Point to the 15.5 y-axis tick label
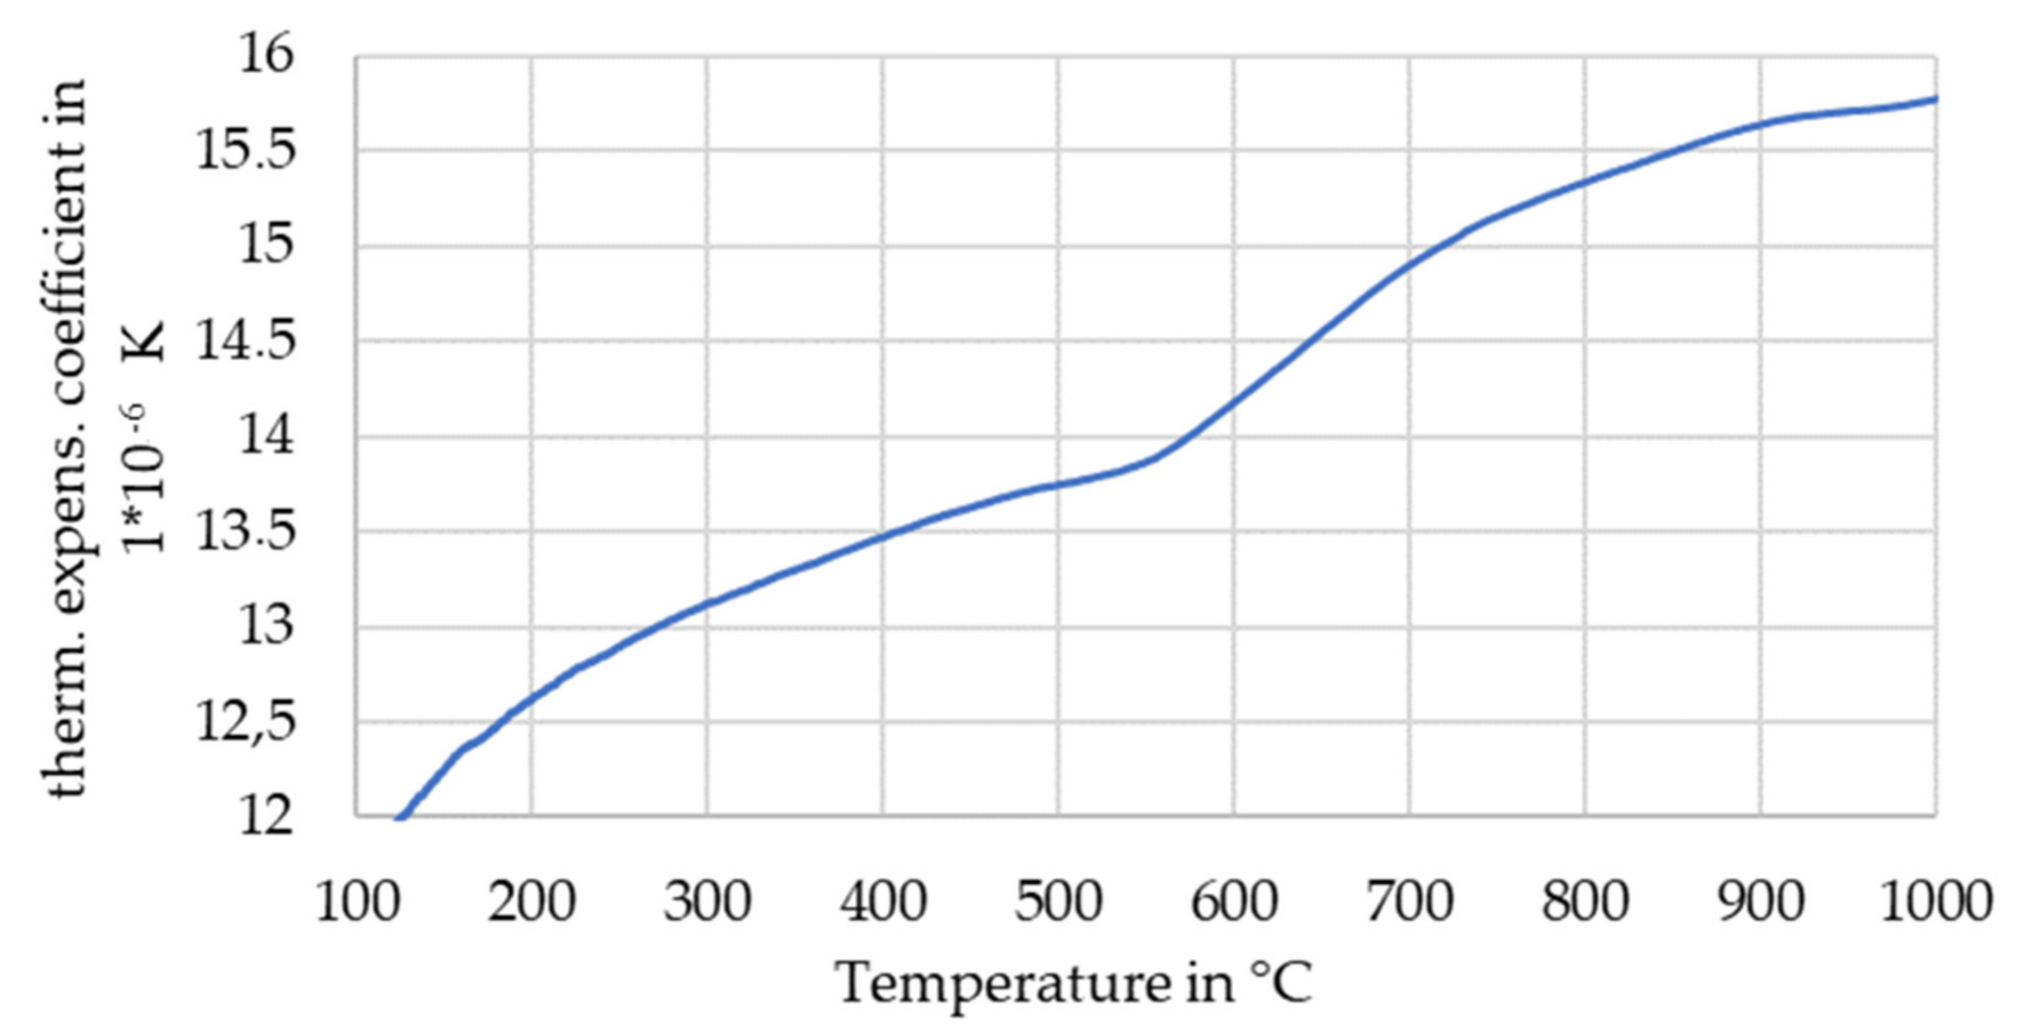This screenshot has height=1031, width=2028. (x=244, y=151)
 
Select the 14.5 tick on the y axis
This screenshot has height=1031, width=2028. (x=244, y=342)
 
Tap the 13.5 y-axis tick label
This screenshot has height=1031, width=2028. (x=244, y=532)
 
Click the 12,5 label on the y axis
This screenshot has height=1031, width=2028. (x=244, y=722)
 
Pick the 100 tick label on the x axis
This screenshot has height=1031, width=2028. (x=355, y=902)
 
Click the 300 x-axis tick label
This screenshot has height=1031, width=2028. (x=706, y=902)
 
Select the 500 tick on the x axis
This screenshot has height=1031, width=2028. (x=1057, y=902)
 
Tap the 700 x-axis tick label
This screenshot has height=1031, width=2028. (x=1409, y=902)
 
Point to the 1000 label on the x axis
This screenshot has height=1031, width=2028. (x=1936, y=902)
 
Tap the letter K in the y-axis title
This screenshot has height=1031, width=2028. (x=146, y=340)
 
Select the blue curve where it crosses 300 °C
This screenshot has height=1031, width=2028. (x=707, y=604)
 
